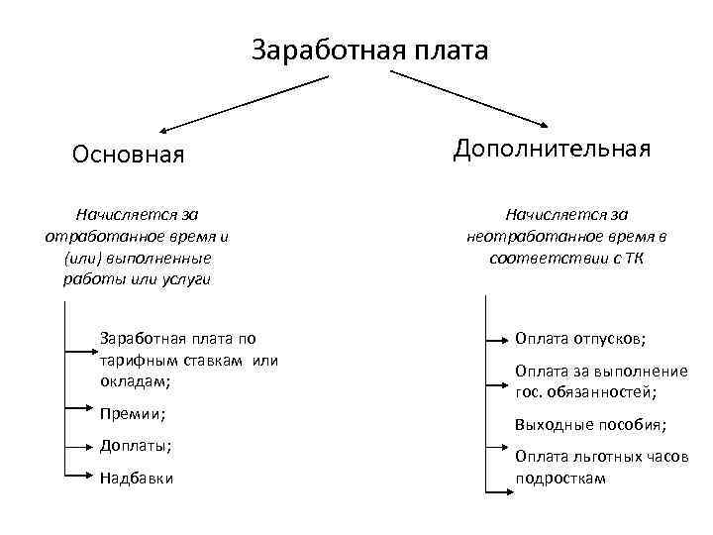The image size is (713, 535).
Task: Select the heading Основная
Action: coord(129,156)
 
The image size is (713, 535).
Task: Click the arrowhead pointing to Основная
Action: coord(164,129)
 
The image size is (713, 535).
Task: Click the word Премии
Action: coord(132,413)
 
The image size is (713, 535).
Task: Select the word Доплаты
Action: coord(135,446)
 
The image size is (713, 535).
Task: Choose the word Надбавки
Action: coord(137,478)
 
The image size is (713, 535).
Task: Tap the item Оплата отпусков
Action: coord(580,339)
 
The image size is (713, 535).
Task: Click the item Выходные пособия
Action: coord(590,425)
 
